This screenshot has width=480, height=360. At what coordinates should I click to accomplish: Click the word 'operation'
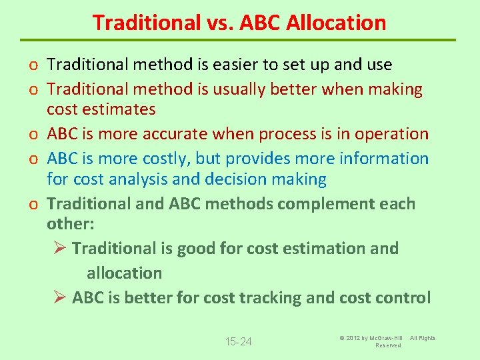coord(391,134)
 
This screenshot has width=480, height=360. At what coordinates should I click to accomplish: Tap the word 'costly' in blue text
coord(180,159)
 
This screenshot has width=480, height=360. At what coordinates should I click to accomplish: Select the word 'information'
coord(384,159)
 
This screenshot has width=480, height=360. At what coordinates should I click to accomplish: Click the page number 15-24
coord(239,342)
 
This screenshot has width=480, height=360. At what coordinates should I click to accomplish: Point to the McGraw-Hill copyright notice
coord(387,341)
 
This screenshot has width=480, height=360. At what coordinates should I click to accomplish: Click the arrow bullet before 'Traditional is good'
coord(59,249)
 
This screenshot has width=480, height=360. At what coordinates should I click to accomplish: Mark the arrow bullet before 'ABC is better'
coord(59,298)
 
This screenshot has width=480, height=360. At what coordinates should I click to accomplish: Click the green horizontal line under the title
coord(240,40)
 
